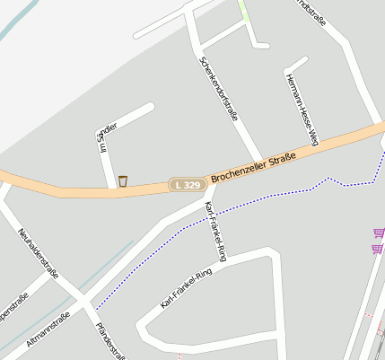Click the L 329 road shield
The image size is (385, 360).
(x=188, y=184)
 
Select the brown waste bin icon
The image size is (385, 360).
(x=122, y=181)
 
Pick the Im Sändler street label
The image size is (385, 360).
(x=106, y=135)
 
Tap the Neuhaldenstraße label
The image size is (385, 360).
(x=38, y=253)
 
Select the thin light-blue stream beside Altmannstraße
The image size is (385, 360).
(x=99, y=269)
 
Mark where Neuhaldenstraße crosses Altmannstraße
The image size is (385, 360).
(x=79, y=303)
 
